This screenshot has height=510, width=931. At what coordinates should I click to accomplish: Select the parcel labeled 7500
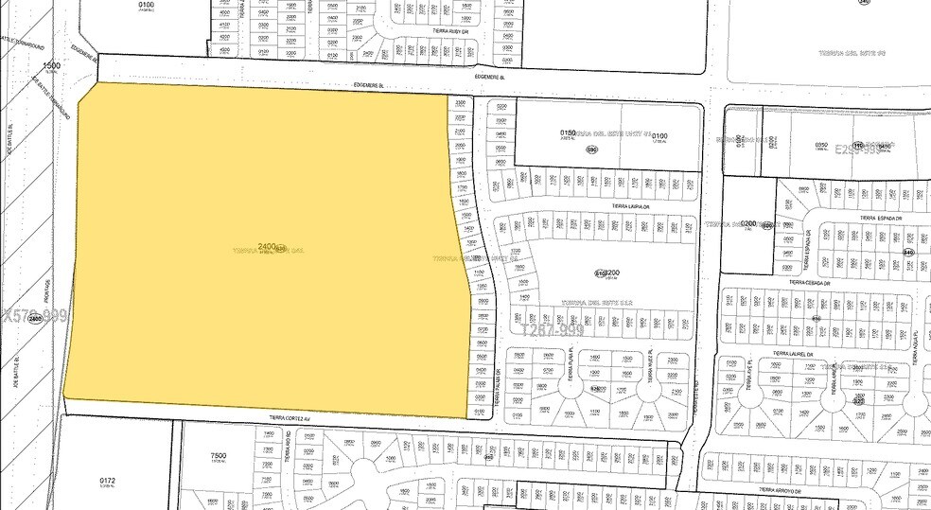[x=218, y=456]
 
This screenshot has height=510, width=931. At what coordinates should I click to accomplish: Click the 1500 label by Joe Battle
[x=52, y=65]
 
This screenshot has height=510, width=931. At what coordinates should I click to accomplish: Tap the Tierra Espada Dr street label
[x=877, y=218]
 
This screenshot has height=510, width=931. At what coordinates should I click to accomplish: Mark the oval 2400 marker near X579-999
[x=36, y=319]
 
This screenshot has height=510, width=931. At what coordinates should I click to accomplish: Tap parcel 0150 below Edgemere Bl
[x=568, y=133]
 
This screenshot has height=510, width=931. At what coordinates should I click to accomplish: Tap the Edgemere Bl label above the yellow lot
[x=369, y=85]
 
